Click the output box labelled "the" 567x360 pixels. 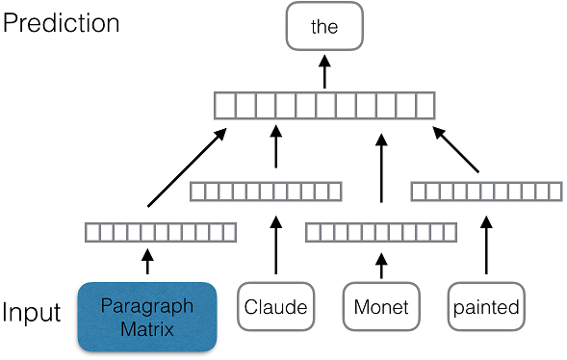coord(324,27)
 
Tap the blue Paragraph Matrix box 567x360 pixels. coord(147,315)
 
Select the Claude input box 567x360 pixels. coord(275,308)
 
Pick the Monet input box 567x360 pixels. coord(382,308)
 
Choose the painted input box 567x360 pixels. coord(486,308)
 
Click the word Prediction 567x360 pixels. coord(62,23)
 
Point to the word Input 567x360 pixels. coord(33,314)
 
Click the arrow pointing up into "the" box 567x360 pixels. coord(324,69)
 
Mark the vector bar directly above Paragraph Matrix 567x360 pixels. coord(160,232)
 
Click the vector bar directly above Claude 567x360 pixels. coord(266,191)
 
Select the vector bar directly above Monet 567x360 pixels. coord(380,232)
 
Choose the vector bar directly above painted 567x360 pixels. coord(486,191)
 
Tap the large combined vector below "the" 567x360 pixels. coord(324,103)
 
